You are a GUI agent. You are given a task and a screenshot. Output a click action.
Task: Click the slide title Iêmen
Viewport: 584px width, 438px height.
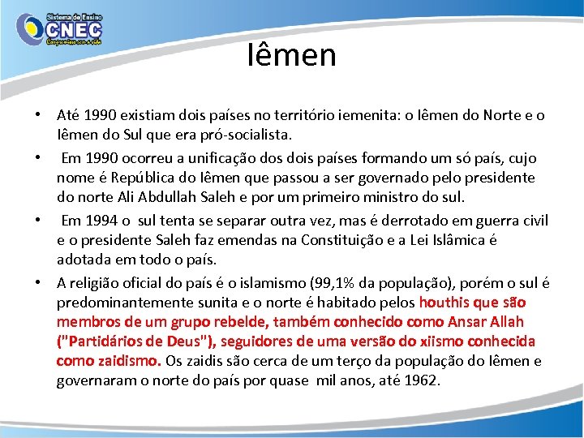(x=291, y=55)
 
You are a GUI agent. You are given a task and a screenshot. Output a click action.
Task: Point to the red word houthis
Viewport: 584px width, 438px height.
(x=444, y=303)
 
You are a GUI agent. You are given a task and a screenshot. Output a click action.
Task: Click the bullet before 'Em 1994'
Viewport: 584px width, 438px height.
(x=38, y=221)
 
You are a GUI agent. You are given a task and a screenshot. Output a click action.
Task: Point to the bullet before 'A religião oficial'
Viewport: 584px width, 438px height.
(x=38, y=283)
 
